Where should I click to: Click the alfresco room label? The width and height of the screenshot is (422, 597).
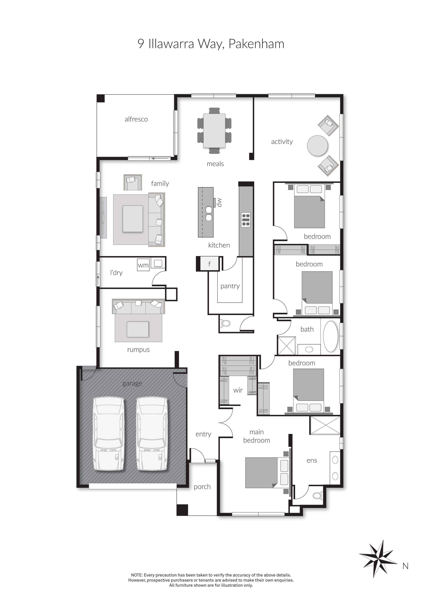tap(136, 119)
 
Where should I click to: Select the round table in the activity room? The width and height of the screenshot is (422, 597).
tap(317, 146)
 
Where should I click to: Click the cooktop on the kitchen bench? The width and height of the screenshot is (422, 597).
tap(246, 220)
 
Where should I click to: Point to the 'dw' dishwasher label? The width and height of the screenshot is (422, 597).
tap(219, 202)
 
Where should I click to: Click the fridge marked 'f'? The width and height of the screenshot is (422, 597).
tap(209, 264)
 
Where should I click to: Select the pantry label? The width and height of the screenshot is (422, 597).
tap(230, 286)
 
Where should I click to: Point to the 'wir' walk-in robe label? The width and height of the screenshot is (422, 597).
tap(238, 390)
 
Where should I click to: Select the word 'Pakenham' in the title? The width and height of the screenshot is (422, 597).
tap(256, 44)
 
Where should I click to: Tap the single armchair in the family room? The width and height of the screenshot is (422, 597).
tap(133, 182)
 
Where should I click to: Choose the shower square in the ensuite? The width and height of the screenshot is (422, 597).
tap(325, 425)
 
